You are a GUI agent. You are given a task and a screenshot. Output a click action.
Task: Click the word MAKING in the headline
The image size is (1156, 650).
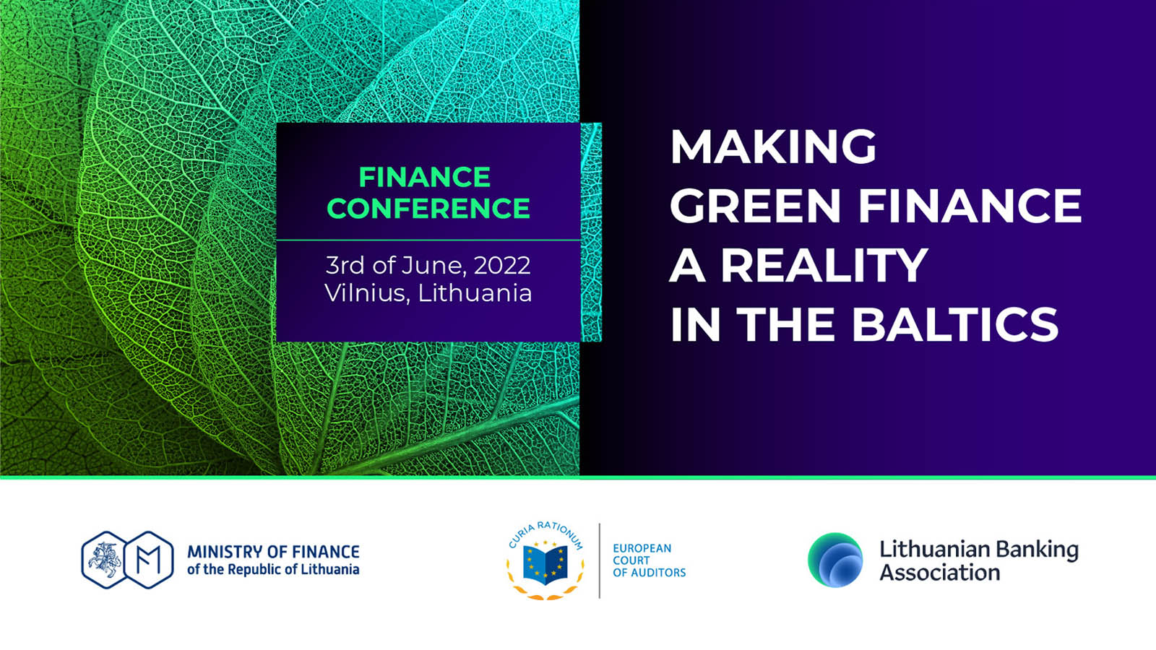pyautogui.click(x=772, y=147)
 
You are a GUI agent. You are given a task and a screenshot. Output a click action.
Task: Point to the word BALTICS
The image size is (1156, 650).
pyautogui.click(x=954, y=324)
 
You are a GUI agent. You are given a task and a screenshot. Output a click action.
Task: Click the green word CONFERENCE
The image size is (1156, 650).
pyautogui.click(x=428, y=208)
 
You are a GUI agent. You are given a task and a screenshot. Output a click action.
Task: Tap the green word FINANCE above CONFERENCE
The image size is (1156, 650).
pyautogui.click(x=425, y=178)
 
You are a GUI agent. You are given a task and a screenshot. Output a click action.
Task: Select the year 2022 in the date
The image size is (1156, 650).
pyautogui.click(x=502, y=266)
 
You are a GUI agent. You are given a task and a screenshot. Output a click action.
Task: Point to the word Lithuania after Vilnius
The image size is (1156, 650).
pyautogui.click(x=475, y=292)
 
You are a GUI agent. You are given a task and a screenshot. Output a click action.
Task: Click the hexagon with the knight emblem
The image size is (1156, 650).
pyautogui.click(x=104, y=560)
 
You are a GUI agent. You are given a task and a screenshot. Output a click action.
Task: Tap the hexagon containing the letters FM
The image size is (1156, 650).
pyautogui.click(x=149, y=560)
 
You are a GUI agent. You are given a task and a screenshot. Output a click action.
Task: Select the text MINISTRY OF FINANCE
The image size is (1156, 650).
pyautogui.click(x=274, y=552)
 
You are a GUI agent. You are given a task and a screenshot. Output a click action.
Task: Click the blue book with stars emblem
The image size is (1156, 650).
pyautogui.click(x=545, y=565)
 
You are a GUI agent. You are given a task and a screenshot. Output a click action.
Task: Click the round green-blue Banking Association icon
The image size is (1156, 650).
pyautogui.click(x=835, y=560)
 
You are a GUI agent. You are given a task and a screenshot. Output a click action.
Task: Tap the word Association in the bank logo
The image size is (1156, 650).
pyautogui.click(x=940, y=573)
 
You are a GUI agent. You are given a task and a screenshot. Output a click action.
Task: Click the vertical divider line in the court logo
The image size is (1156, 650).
pyautogui.click(x=599, y=560)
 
